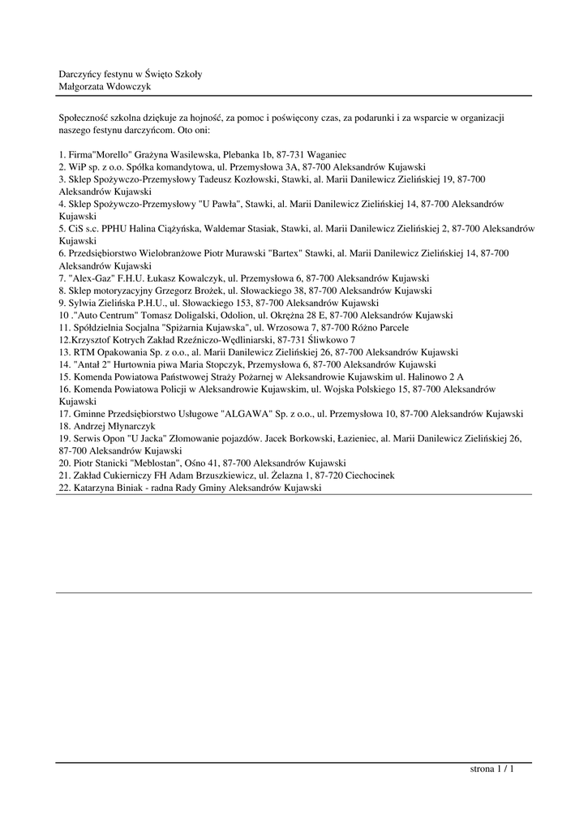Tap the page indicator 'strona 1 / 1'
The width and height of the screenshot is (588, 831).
click(x=492, y=769)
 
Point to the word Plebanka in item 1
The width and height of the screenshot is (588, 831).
click(x=234, y=154)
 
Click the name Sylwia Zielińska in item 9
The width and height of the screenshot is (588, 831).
click(x=103, y=303)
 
